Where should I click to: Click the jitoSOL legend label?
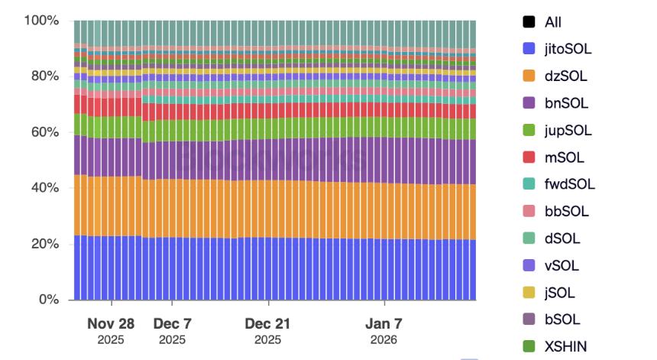click(x=568, y=49)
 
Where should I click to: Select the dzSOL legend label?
click(x=565, y=76)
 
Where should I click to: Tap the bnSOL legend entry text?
click(x=566, y=103)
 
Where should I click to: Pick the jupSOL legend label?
click(x=568, y=130)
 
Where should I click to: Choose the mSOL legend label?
click(x=564, y=157)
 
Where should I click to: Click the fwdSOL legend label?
click(x=569, y=184)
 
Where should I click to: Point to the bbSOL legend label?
click(x=566, y=211)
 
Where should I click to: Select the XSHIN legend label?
click(x=566, y=346)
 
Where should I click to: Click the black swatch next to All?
click(x=529, y=22)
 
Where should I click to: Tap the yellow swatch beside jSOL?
click(x=529, y=293)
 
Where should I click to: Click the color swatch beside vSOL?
click(x=529, y=265)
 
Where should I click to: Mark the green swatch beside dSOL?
click(x=529, y=238)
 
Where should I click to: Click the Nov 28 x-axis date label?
click(x=110, y=323)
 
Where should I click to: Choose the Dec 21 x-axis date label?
click(x=267, y=323)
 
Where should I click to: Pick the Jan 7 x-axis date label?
click(x=384, y=323)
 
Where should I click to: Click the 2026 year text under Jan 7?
click(x=384, y=339)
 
